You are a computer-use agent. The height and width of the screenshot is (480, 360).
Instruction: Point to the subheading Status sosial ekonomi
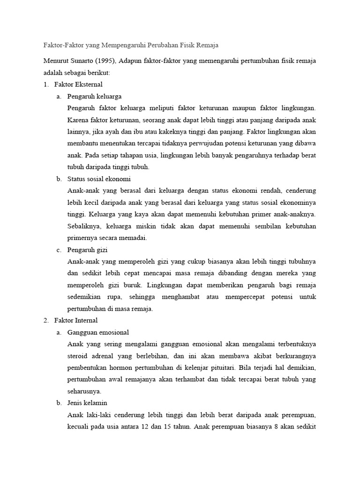pos(99,179)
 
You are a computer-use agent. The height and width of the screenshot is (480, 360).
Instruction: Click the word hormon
pos(122,367)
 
